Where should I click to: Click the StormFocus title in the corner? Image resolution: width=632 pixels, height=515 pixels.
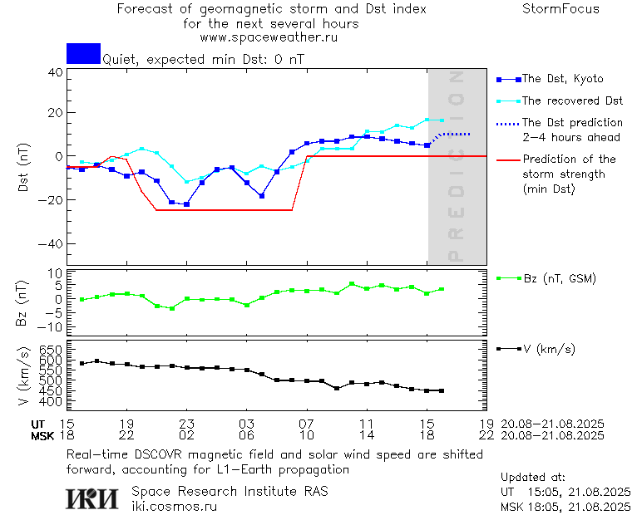[x=560, y=9]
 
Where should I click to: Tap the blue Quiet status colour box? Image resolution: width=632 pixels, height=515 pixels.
[x=83, y=53]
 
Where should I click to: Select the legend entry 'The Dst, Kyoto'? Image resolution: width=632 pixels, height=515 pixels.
[x=562, y=79]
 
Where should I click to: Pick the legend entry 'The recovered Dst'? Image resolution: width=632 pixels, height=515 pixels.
[x=571, y=101]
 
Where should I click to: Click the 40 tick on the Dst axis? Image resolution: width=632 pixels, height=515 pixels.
[x=56, y=72]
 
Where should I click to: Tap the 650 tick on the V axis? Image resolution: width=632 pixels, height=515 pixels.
[x=52, y=350]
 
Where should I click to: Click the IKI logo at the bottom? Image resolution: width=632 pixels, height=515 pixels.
[x=94, y=498]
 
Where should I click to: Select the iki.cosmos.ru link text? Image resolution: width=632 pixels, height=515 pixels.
[x=174, y=506]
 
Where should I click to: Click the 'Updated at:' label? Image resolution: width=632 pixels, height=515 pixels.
[x=533, y=478]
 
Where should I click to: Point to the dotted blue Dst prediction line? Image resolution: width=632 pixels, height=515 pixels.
[x=456, y=134]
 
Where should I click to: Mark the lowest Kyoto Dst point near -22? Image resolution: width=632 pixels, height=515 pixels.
[x=187, y=204]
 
